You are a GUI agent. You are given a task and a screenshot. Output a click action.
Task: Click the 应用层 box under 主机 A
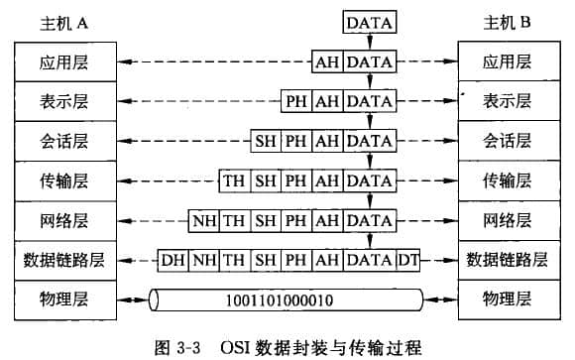(x=64, y=62)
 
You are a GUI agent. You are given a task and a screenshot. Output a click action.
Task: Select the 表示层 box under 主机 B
(x=507, y=100)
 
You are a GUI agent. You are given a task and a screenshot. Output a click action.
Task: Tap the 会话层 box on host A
(x=64, y=140)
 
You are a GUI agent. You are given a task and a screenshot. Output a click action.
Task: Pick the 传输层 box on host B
(x=507, y=180)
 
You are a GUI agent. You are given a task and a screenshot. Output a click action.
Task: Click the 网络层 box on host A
(x=64, y=219)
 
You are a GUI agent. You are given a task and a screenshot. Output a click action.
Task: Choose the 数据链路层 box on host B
(x=507, y=260)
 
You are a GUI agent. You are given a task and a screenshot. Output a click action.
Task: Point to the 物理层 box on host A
(x=64, y=298)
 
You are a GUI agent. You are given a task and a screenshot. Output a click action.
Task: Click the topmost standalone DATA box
(x=370, y=22)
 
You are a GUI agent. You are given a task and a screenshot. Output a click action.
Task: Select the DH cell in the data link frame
(x=173, y=260)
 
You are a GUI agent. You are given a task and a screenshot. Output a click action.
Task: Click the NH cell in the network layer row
(x=204, y=219)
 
